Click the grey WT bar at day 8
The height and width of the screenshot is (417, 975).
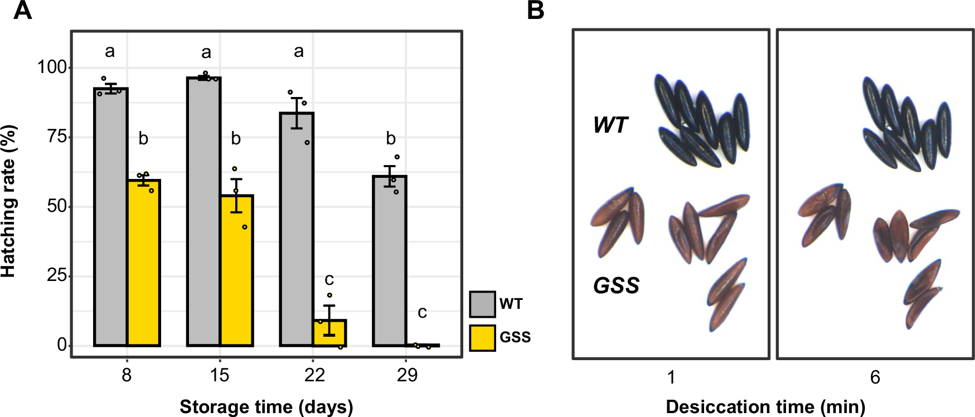coord(110,217)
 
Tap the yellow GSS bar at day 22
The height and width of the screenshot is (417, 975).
coord(329,333)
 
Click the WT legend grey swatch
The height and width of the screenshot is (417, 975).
coord(482,304)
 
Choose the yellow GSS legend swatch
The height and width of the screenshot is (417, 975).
coord(482,337)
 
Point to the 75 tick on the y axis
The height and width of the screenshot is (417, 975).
coord(57,137)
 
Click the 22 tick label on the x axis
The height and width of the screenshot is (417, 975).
coord(314,375)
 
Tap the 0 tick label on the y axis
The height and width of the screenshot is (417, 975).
coord(62,345)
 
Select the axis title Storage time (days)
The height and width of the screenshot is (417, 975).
coord(266,407)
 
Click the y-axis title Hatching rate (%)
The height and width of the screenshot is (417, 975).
coord(9,201)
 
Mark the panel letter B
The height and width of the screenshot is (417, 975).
coord(535,10)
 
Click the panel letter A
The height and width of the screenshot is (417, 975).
coord(22,10)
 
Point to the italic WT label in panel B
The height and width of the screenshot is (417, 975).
coord(610,125)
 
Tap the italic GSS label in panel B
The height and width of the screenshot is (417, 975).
coord(616,285)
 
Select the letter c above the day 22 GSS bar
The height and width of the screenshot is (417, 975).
coord(329,279)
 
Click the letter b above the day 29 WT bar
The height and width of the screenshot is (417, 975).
coord(391,138)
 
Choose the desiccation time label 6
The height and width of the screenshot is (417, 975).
coord(875,378)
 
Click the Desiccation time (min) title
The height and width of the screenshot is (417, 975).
coord(765,407)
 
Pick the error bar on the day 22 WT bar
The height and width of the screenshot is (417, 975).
coord(297,113)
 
